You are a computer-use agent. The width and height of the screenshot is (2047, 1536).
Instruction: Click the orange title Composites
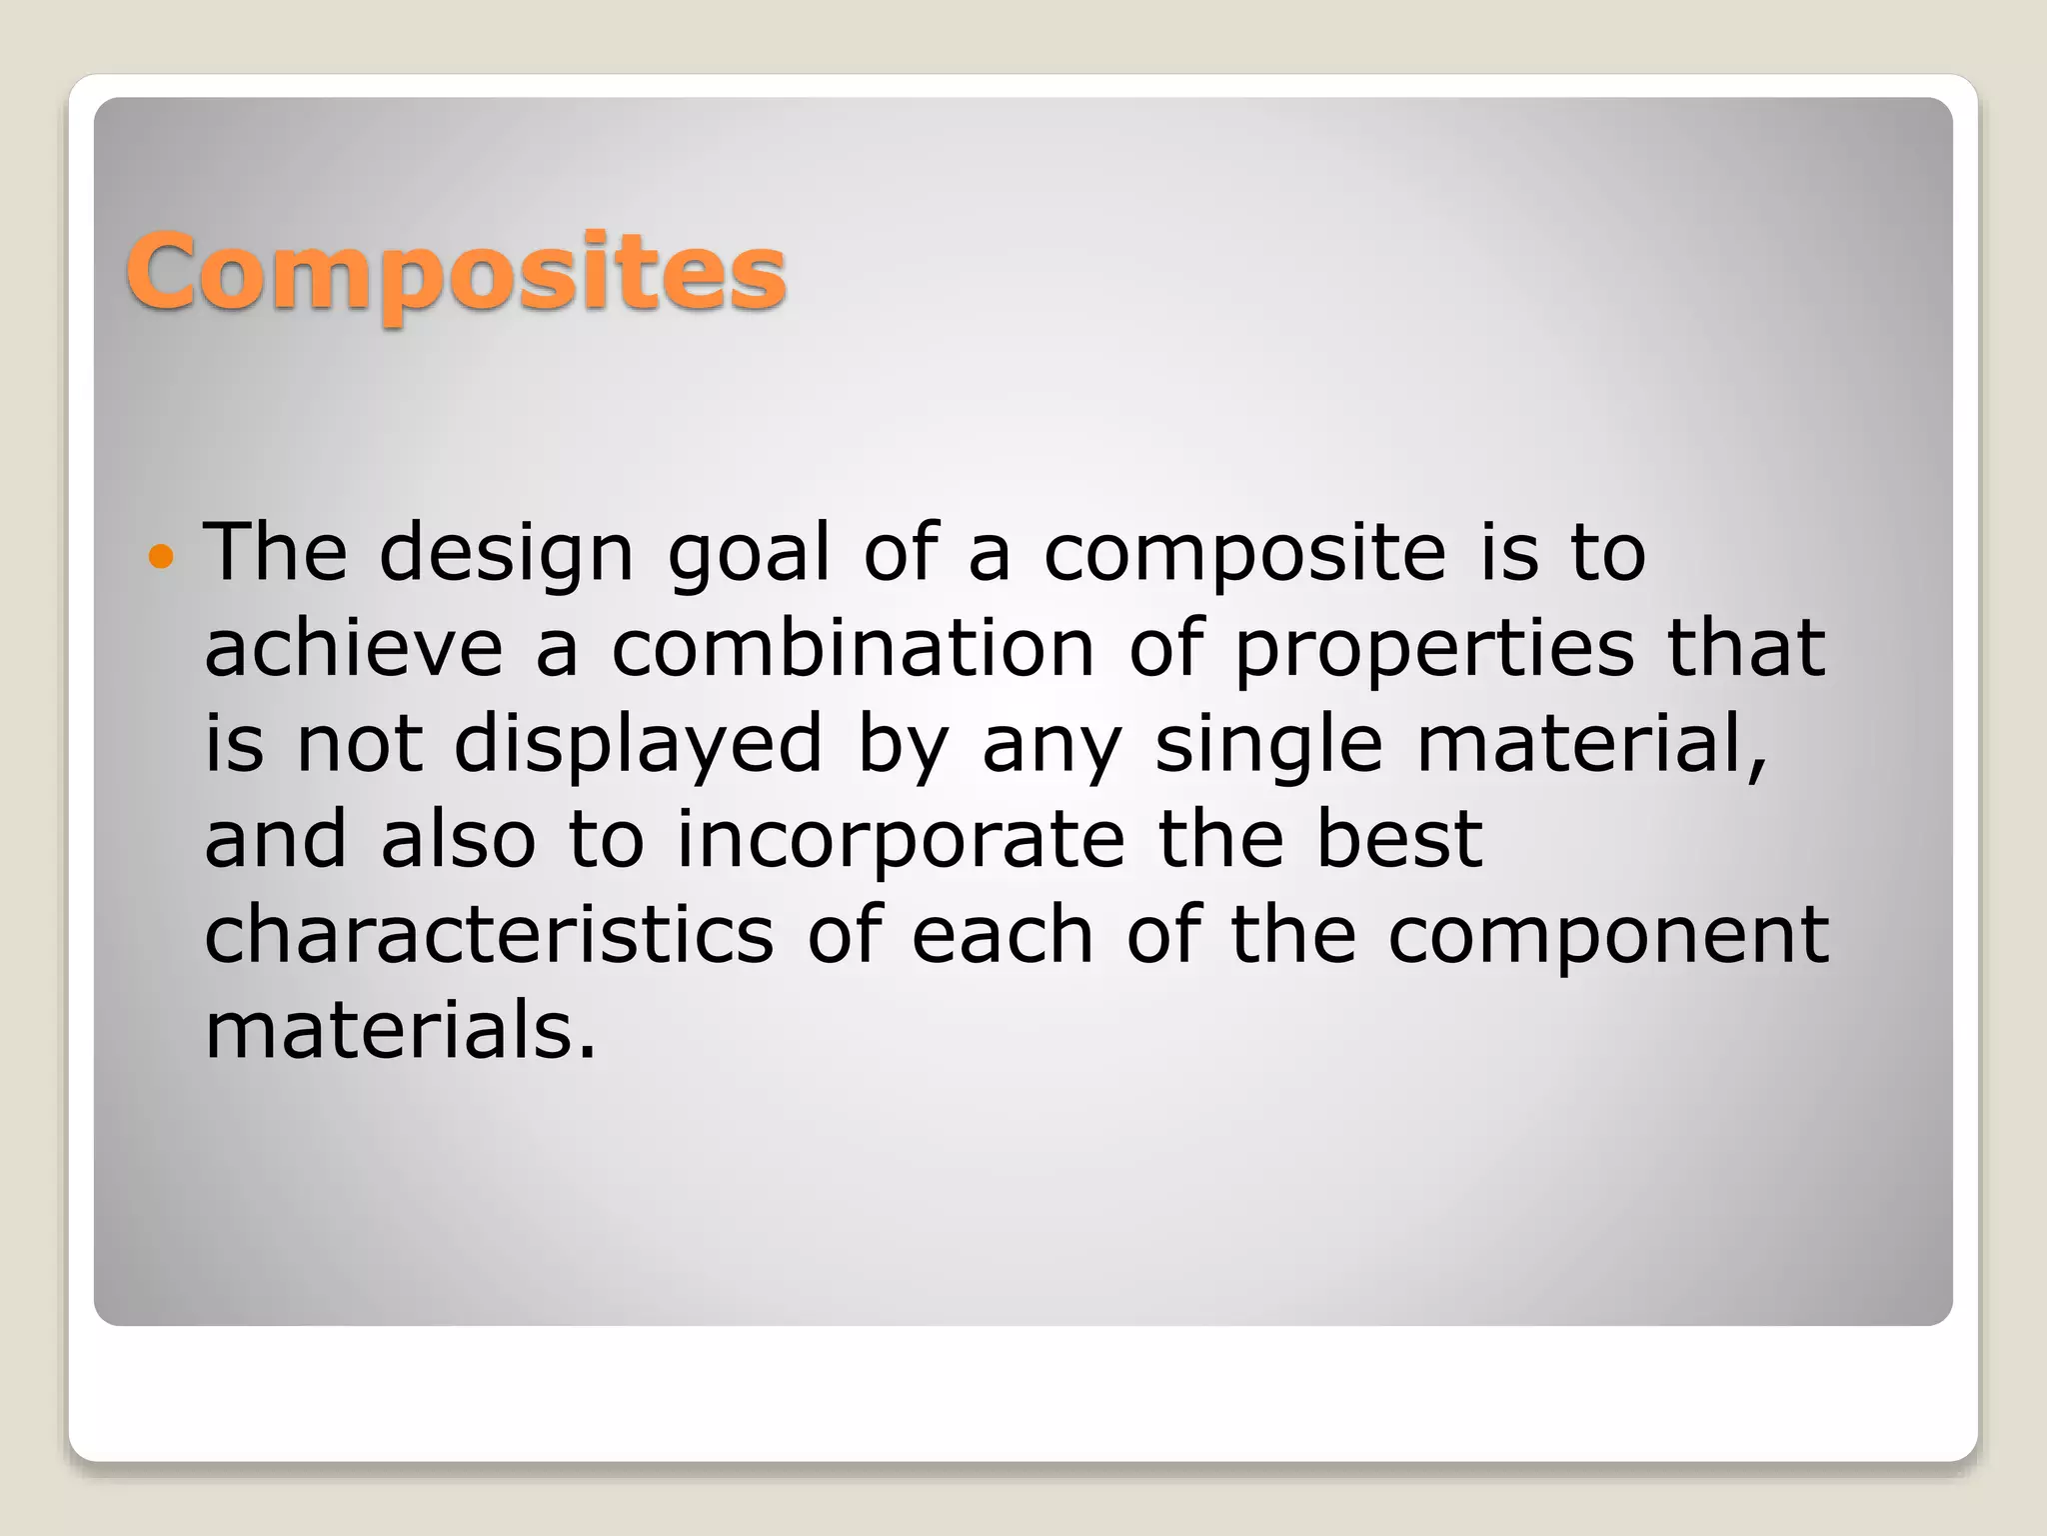[456, 272]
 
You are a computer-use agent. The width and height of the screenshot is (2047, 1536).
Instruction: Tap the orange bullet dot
[160, 555]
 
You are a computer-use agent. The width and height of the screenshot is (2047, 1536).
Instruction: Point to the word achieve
[354, 648]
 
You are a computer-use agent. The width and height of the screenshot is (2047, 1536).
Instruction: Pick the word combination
[854, 648]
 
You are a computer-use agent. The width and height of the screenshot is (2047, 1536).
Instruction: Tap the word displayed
[638, 745]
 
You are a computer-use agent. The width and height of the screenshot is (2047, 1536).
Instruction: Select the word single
[1268, 745]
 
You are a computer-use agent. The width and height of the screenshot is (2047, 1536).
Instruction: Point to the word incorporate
[901, 840]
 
